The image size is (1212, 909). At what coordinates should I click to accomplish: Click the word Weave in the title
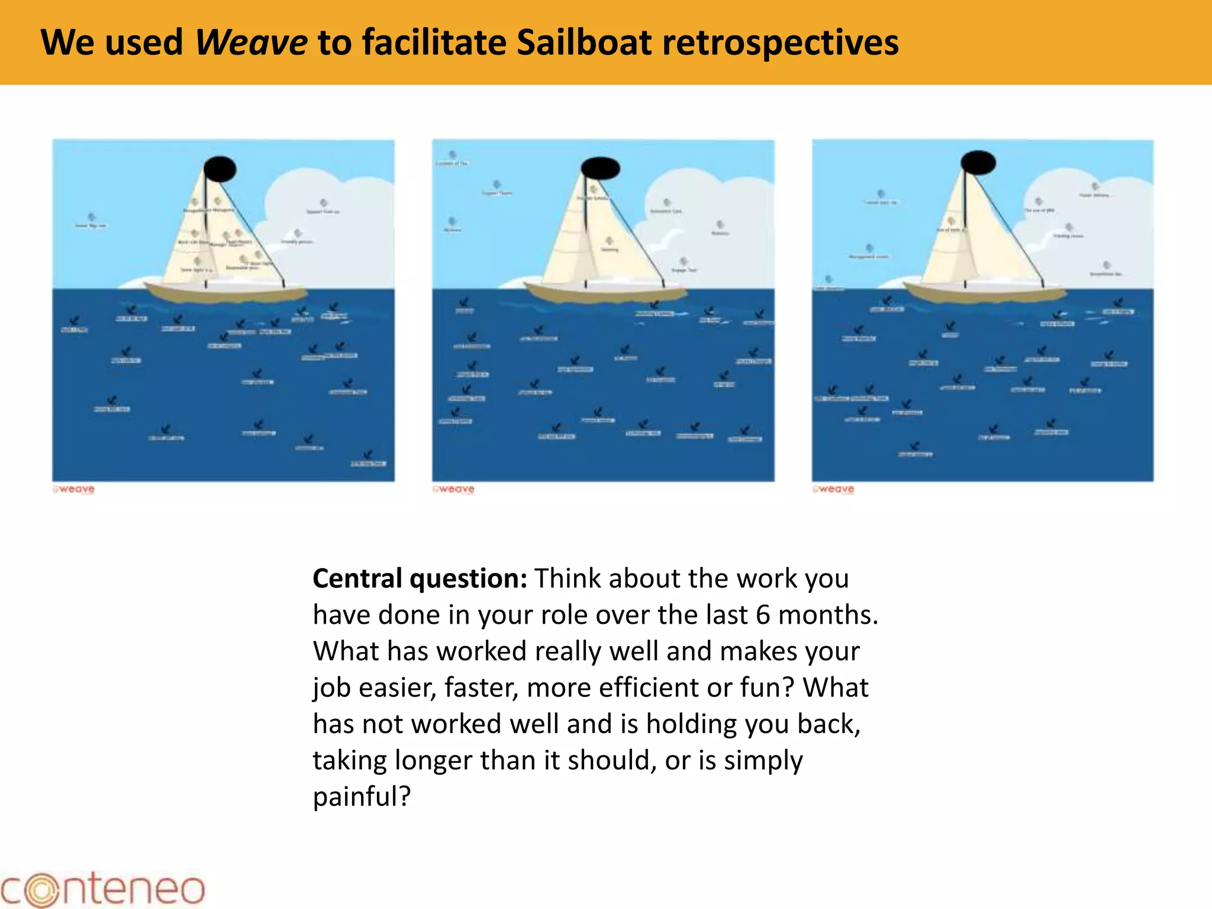click(251, 43)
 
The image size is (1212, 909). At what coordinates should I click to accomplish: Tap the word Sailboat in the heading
click(584, 43)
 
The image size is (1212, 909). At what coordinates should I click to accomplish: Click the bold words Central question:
click(419, 578)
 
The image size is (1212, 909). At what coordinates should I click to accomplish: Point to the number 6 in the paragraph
click(763, 615)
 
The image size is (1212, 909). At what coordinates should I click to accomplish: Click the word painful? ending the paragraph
click(362, 797)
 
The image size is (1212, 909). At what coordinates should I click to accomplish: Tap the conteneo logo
click(103, 889)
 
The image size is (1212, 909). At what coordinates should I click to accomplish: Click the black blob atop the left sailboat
click(220, 169)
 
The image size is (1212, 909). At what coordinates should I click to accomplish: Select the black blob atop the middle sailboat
click(601, 168)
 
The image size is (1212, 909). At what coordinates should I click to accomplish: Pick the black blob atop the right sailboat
click(978, 162)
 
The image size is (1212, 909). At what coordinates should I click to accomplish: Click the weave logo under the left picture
click(74, 489)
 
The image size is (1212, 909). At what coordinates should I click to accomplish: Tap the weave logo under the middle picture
click(454, 489)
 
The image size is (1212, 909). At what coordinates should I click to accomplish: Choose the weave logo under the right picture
click(834, 489)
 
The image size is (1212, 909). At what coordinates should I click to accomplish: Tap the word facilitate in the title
click(435, 43)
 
